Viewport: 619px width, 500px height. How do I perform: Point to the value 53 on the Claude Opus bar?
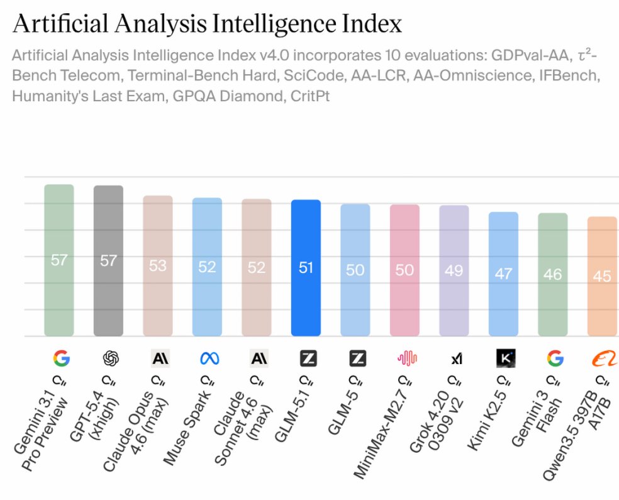[x=158, y=265]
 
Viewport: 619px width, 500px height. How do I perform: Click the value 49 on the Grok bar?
[x=454, y=270]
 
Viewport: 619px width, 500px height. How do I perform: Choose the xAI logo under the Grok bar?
[x=456, y=358]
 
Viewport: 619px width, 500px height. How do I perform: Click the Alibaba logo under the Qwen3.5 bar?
[x=603, y=358]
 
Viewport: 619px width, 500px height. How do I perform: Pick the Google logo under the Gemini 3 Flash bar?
[x=554, y=358]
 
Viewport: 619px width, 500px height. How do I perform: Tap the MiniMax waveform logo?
[x=407, y=358]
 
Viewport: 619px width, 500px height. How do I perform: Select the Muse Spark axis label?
[x=189, y=428]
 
